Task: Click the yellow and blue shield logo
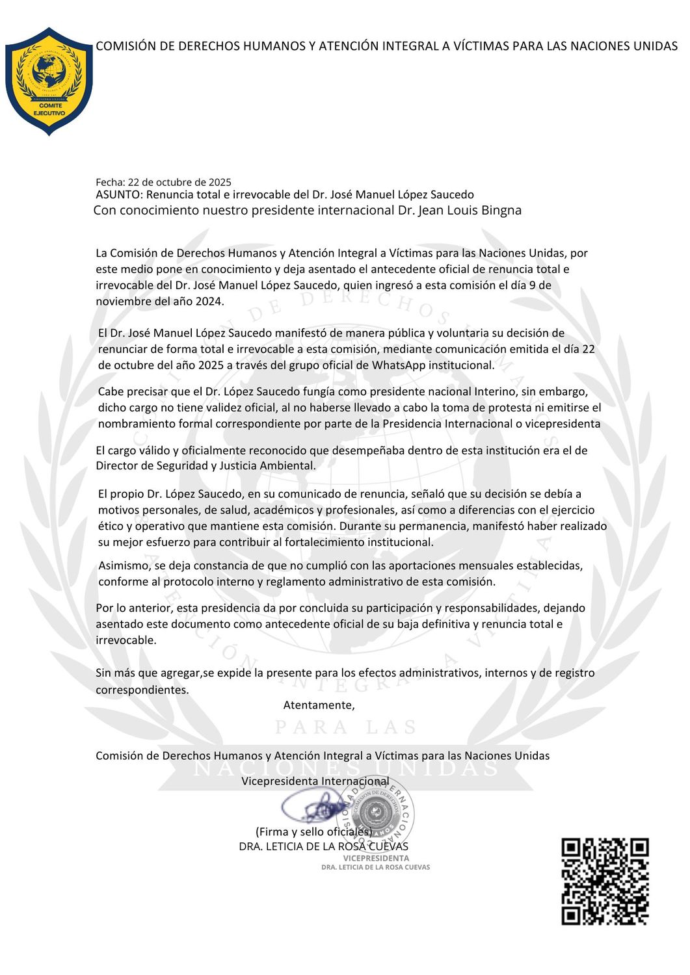click(x=49, y=81)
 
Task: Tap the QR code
click(x=605, y=881)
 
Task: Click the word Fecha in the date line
click(x=109, y=183)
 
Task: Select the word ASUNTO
click(x=118, y=195)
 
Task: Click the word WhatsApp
click(x=398, y=365)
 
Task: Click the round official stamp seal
click(x=376, y=812)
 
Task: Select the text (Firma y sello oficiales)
click(x=313, y=832)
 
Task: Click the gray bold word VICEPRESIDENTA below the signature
click(x=376, y=858)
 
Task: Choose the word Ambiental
click(x=288, y=466)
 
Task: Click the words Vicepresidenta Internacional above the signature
click(x=315, y=781)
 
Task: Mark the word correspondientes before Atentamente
click(x=142, y=690)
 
